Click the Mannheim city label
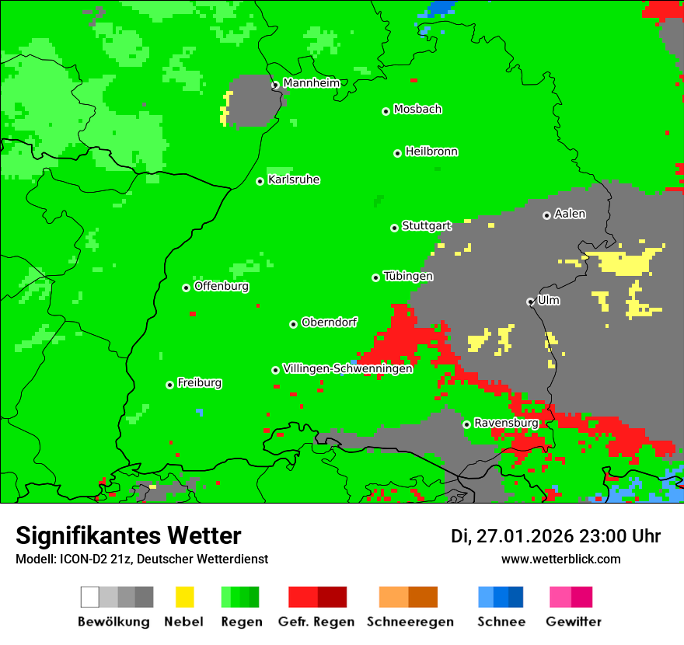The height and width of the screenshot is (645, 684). coord(311,83)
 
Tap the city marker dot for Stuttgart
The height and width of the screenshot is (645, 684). coord(394,228)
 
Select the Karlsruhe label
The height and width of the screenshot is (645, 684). coord(294,180)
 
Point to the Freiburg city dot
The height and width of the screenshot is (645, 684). coord(169,385)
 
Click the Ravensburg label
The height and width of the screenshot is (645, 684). coord(506,423)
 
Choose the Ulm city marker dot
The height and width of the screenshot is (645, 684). coord(530,302)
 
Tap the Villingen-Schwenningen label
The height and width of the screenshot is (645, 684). coord(347,369)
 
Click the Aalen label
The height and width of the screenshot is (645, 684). coord(570,214)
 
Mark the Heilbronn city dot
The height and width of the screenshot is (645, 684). coord(397,153)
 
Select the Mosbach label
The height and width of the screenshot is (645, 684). coord(417,110)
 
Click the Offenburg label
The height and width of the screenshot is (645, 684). coord(222,286)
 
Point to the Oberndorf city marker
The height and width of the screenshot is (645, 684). coord(293,324)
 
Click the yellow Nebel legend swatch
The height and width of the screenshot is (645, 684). coord(184,597)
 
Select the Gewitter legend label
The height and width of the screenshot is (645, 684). coord(574,622)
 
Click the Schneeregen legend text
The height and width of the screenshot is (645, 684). coord(410,622)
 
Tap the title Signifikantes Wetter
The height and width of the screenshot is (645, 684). coord(128,535)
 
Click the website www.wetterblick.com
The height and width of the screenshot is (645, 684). coord(560,559)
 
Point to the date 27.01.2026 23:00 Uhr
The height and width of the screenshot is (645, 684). coord(556,536)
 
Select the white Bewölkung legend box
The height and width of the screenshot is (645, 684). coord(90,597)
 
